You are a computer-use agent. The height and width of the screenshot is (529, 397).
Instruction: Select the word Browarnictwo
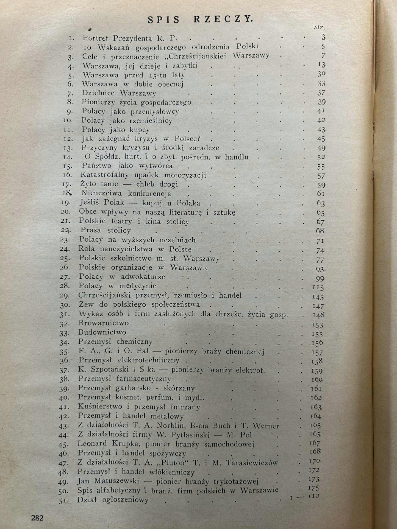tap(103, 323)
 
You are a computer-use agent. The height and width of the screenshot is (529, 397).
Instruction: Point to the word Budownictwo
tap(102, 332)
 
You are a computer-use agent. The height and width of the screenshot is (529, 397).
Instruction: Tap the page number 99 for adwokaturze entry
tap(320, 278)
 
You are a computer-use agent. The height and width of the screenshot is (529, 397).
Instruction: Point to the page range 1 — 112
tap(305, 497)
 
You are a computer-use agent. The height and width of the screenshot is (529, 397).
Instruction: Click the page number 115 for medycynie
tap(318, 288)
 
